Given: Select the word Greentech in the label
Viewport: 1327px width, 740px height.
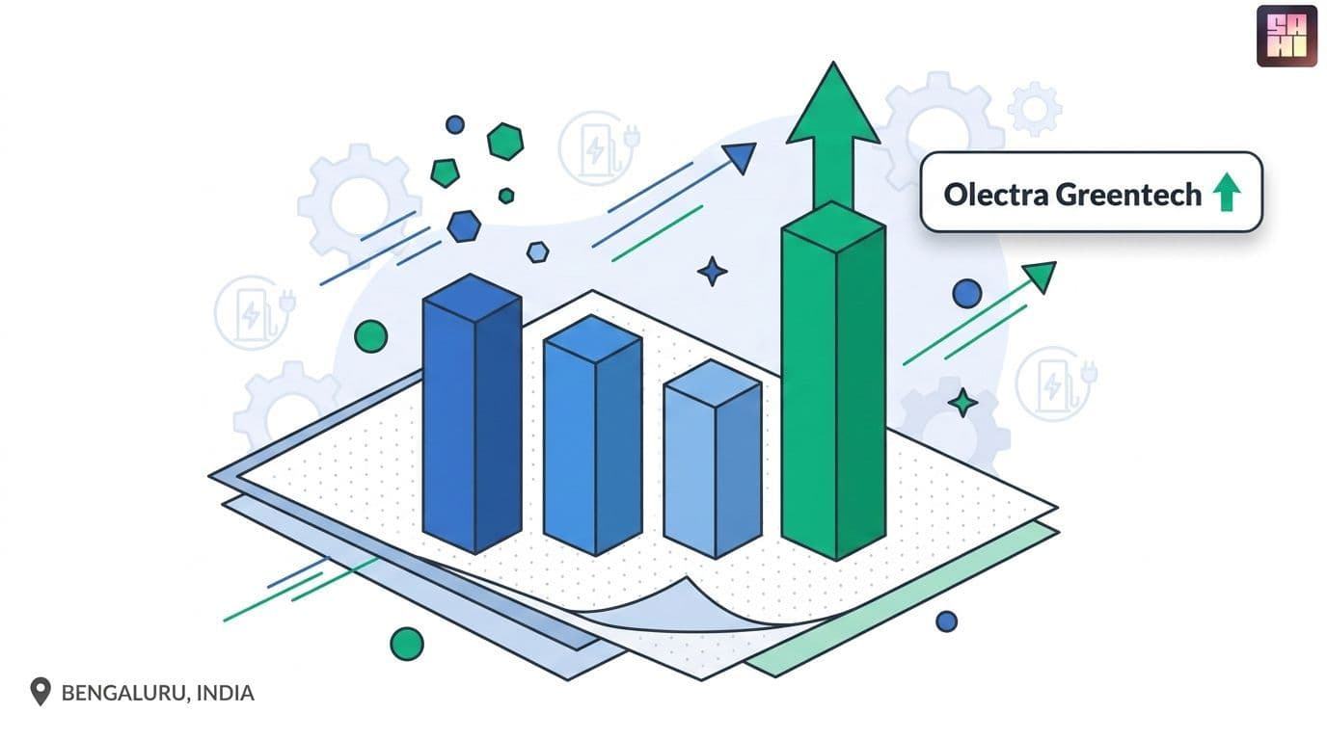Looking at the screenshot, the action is (x=1128, y=195).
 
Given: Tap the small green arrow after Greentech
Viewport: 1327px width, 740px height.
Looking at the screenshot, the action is (x=1227, y=192).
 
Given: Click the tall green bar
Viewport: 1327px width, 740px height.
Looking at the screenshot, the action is (x=833, y=382).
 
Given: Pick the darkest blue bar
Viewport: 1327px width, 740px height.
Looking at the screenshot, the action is (x=473, y=413).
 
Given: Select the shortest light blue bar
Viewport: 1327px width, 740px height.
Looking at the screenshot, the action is (x=713, y=459).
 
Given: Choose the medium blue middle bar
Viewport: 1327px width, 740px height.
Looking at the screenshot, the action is (x=593, y=436).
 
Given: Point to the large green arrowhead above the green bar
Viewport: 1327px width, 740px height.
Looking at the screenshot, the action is (x=833, y=104).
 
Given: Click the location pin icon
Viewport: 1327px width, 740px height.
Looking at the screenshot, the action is (x=41, y=692).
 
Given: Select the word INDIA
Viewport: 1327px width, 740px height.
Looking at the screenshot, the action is (x=225, y=693).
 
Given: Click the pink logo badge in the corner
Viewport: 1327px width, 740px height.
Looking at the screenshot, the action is (x=1286, y=36).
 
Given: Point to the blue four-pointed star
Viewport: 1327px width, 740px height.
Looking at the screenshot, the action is (x=712, y=272).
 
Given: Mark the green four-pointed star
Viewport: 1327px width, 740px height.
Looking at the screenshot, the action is (x=962, y=403).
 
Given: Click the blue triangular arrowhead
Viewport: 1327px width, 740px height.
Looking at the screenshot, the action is (x=740, y=157).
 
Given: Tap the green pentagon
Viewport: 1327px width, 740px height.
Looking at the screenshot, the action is (x=445, y=172).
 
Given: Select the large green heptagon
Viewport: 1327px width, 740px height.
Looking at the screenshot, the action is (x=505, y=142).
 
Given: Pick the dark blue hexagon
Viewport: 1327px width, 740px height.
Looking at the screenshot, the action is (x=464, y=226).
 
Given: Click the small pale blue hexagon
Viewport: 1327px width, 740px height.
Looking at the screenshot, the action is (x=537, y=252).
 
